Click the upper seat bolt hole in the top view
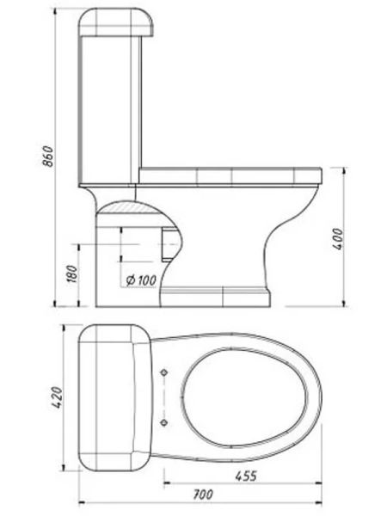(164, 372)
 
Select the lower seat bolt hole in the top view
(164, 423)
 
